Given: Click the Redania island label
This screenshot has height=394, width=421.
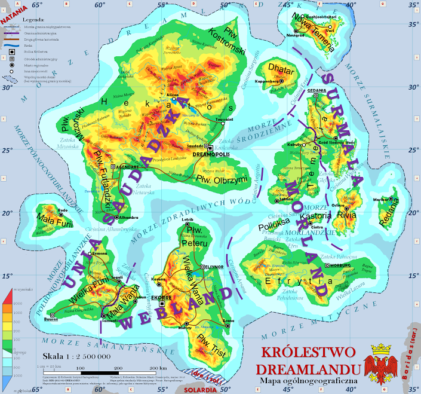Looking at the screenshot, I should point(391,219).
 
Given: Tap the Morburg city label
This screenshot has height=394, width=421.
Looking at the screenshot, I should point(340,265).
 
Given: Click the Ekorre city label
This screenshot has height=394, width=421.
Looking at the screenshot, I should point(162,297).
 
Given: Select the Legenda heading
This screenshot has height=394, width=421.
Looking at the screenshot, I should point(34,20).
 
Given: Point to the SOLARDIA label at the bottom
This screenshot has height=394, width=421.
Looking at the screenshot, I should point(201,389).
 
